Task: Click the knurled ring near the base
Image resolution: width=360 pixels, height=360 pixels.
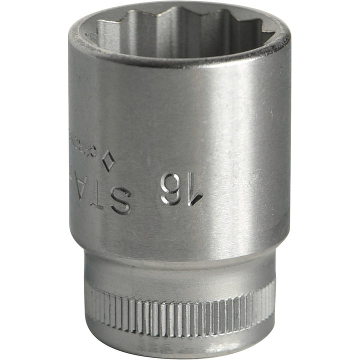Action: click(180, 306)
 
